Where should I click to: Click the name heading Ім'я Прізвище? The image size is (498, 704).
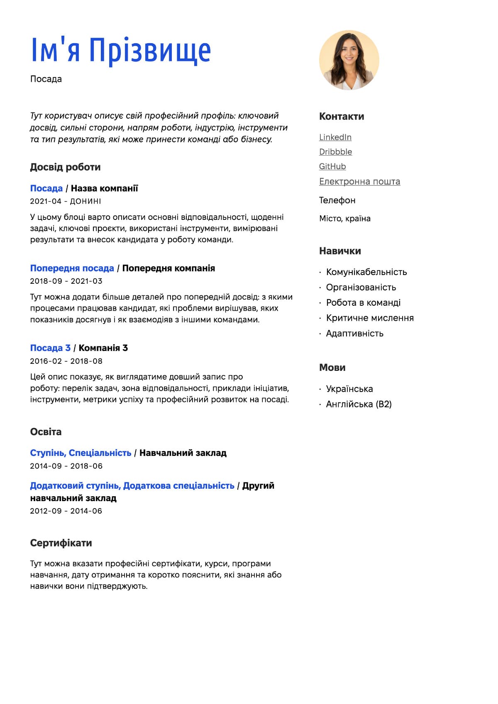tap(121, 50)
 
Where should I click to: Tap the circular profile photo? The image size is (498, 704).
tap(349, 60)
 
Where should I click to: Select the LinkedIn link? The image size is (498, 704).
tap(335, 137)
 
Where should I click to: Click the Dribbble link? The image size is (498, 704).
tap(335, 152)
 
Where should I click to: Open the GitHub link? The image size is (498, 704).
tap(332, 166)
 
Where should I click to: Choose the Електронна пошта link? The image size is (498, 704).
tap(359, 181)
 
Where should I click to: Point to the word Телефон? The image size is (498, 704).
tap(337, 200)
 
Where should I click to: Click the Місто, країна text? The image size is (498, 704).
tap(344, 219)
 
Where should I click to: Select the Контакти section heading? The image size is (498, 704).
tap(342, 117)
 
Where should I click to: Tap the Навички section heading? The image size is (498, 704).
tap(340, 251)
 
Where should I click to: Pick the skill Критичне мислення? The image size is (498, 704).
tap(370, 318)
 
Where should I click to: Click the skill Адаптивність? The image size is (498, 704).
tap(354, 334)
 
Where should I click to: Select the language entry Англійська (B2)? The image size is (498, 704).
tap(359, 404)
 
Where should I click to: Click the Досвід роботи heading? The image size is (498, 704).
tap(65, 167)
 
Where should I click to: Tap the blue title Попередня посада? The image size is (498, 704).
tap(72, 268)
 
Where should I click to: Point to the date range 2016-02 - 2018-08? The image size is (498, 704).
tap(66, 361)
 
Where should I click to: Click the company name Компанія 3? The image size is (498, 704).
tap(103, 348)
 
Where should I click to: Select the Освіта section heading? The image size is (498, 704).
tap(46, 432)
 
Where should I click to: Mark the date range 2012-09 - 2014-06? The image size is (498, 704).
tap(66, 511)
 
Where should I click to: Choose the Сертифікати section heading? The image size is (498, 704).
tap(61, 543)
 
